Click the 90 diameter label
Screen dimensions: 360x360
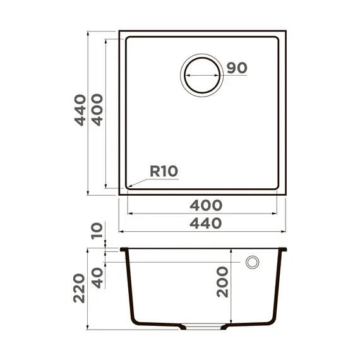click(236, 68)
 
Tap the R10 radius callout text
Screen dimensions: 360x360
click(164, 171)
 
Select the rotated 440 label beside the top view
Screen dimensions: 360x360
click(80, 111)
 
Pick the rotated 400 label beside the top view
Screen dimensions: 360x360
click(97, 111)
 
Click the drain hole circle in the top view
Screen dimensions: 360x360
click(202, 76)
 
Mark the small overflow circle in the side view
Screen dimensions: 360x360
click(253, 262)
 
